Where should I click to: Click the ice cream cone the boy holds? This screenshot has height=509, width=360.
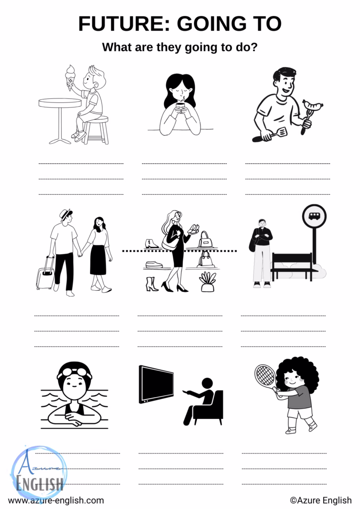[x=70, y=78]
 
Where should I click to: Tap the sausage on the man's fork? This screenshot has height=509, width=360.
[x=313, y=105]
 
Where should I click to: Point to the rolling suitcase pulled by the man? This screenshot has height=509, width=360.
[x=46, y=274]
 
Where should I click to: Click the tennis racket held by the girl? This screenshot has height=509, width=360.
[x=266, y=377]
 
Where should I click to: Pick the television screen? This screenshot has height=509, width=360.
[x=156, y=384]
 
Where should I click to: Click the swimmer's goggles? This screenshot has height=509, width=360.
[x=75, y=373]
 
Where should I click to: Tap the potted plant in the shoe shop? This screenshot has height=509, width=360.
[x=208, y=282]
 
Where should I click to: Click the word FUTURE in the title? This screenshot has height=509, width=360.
[x=124, y=24]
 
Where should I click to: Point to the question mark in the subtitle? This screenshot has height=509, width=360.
[x=254, y=47]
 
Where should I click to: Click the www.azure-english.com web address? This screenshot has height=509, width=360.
[x=56, y=500]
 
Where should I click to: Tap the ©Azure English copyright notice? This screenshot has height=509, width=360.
[x=321, y=500]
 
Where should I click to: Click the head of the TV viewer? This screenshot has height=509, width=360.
[x=207, y=383]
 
